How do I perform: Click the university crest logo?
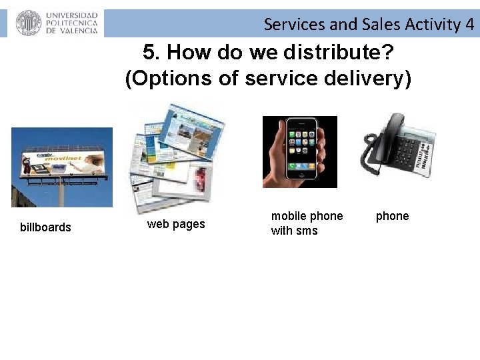click(28, 23)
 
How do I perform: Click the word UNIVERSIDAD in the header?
click(72, 15)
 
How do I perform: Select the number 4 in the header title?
click(470, 25)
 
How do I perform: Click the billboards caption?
click(45, 227)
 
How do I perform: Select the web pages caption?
click(176, 224)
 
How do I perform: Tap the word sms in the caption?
click(307, 231)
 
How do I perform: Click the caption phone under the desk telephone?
click(392, 216)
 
